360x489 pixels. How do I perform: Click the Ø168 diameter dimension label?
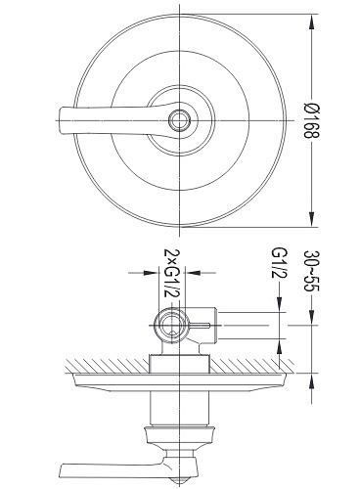pos(312,120)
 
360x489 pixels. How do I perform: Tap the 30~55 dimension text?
pos(312,271)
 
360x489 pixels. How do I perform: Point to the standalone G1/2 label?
pos(280,263)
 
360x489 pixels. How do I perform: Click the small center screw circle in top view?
pos(179,120)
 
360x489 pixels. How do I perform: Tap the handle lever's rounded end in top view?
pos(63,120)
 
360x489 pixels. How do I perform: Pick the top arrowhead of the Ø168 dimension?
pos(312,22)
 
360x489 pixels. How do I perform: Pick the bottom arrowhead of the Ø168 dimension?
pos(312,218)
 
